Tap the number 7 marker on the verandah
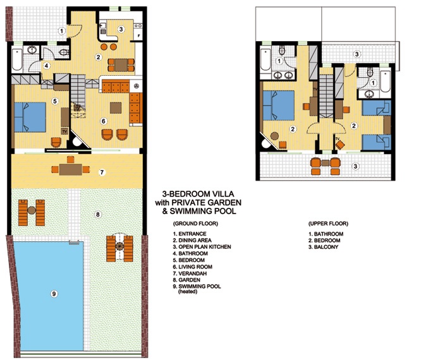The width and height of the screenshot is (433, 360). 102,172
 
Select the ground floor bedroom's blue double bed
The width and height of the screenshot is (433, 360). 30,117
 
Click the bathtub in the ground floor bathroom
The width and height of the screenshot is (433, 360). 17,59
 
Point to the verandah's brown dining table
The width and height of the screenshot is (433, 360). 71,169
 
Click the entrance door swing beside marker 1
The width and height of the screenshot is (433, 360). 75,31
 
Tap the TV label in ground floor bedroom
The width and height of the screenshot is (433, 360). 64,131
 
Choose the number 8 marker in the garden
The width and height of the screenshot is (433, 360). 98,214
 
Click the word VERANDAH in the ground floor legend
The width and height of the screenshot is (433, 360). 193,273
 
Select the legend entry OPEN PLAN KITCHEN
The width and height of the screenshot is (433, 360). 202,247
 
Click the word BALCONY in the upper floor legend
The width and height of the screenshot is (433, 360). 326,247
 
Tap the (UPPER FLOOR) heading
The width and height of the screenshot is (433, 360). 328,224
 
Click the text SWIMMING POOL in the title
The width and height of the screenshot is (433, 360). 203,212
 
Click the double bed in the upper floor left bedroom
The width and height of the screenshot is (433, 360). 279,105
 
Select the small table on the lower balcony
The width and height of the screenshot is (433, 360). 326,163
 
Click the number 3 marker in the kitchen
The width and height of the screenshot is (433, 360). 121,29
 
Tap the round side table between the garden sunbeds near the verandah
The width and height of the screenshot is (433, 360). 32,210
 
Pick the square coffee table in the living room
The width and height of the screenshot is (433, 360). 116,108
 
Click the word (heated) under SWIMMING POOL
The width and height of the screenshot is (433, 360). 188,292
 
